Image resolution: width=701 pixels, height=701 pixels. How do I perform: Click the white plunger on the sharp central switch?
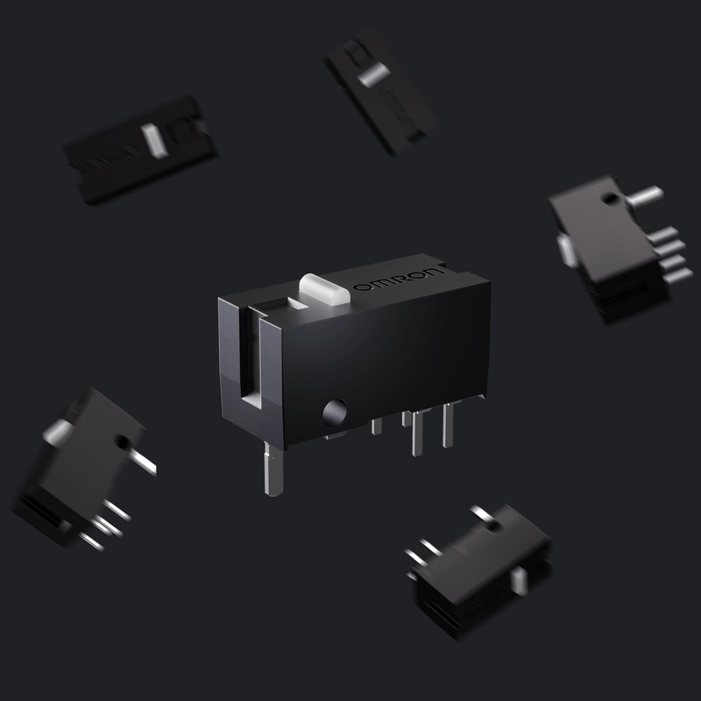(324, 288)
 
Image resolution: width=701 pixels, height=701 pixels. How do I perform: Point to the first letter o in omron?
(359, 287)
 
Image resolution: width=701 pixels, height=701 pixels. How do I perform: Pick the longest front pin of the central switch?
(273, 469)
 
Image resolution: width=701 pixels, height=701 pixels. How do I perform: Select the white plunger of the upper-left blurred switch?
(154, 140)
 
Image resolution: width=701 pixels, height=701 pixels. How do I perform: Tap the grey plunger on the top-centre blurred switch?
(372, 74)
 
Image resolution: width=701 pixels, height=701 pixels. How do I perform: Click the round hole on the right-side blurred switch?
(609, 199)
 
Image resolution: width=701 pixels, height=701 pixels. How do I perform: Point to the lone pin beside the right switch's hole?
(646, 195)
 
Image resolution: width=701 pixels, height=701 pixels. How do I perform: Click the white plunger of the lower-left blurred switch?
(57, 431)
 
